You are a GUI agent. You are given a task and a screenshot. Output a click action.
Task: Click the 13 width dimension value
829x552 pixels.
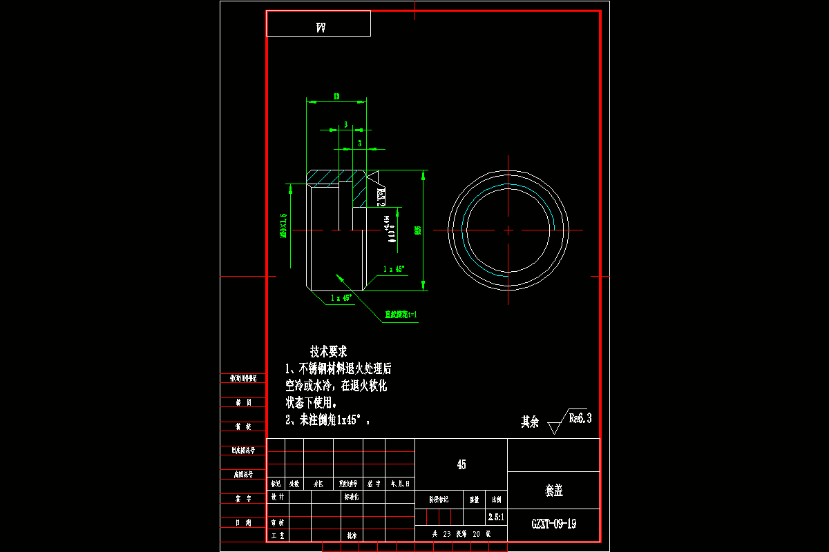(336, 97)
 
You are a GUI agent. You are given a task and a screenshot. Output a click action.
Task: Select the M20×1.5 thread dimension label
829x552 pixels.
(283, 226)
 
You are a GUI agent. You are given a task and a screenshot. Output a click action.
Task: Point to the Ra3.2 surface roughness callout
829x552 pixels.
(380, 197)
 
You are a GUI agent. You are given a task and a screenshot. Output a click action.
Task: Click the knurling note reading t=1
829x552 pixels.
(401, 315)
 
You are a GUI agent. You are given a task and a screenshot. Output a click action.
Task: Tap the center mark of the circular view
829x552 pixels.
(508, 230)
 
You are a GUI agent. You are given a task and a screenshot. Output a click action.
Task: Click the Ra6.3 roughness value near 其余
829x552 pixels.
(580, 417)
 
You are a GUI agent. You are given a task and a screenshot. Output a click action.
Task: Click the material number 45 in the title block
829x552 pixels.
(461, 464)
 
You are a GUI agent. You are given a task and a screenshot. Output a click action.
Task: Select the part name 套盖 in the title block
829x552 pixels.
(553, 491)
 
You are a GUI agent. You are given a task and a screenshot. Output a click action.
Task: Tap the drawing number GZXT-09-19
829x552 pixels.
(553, 524)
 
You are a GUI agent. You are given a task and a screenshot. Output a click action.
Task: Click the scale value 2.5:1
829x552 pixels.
(495, 516)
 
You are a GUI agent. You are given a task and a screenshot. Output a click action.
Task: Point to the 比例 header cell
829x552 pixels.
(495, 499)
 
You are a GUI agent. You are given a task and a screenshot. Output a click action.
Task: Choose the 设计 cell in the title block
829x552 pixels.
(277, 496)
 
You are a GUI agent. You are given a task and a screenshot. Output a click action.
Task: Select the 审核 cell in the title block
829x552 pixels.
(277, 523)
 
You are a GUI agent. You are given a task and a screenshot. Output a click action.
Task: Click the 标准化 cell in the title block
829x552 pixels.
(351, 496)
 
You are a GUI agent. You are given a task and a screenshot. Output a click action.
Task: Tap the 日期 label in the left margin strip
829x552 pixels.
(242, 522)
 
